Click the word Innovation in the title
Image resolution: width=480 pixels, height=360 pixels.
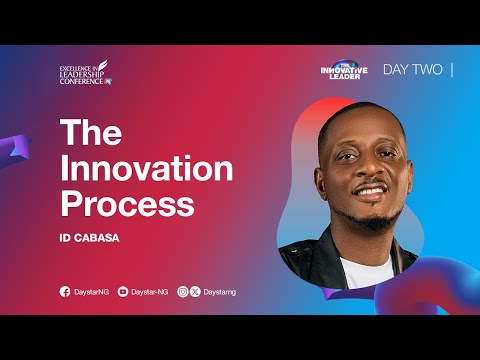pyautogui.click(x=146, y=168)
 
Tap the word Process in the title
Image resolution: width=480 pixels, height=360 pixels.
pyautogui.click(x=127, y=203)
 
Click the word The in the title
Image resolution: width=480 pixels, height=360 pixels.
pyautogui.click(x=93, y=134)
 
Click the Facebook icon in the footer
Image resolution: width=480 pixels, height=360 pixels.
pyautogui.click(x=65, y=292)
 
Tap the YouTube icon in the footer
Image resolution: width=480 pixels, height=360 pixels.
pyautogui.click(x=123, y=292)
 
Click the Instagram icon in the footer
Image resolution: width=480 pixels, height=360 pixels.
pyautogui.click(x=183, y=292)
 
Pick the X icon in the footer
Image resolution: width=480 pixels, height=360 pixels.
pyautogui.click(x=195, y=292)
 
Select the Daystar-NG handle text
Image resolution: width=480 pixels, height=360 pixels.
pyautogui.click(x=149, y=292)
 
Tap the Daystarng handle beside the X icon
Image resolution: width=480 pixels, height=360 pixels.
pyautogui.click(x=219, y=292)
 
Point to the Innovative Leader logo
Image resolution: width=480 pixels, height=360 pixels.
pyautogui.click(x=342, y=69)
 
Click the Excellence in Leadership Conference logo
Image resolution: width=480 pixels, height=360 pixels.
pyautogui.click(x=85, y=72)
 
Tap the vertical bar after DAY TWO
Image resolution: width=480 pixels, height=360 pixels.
pyautogui.click(x=453, y=71)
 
